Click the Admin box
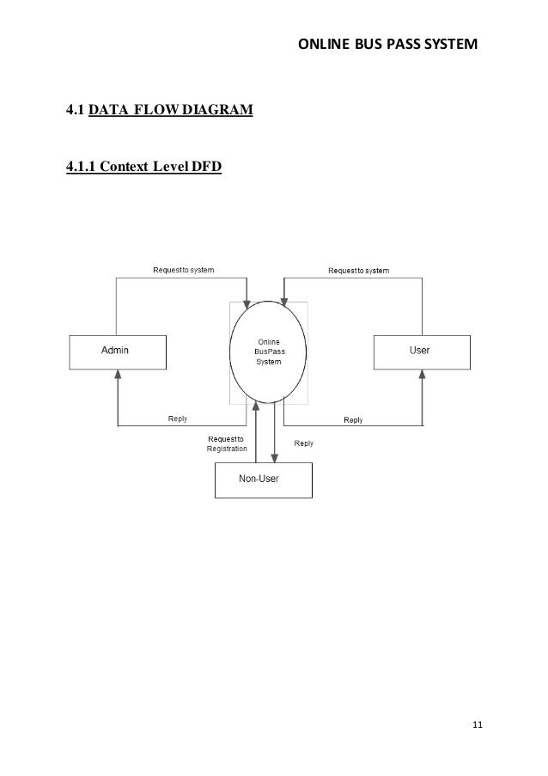click(117, 351)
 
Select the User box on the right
click(421, 351)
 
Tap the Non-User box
click(263, 480)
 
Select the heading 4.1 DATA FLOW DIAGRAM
click(160, 111)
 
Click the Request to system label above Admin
click(184, 270)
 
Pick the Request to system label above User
click(359, 271)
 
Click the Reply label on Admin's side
click(178, 419)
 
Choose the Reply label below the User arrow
click(353, 420)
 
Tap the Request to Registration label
click(227, 443)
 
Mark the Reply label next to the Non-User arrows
click(304, 443)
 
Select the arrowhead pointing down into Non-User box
click(275, 458)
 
